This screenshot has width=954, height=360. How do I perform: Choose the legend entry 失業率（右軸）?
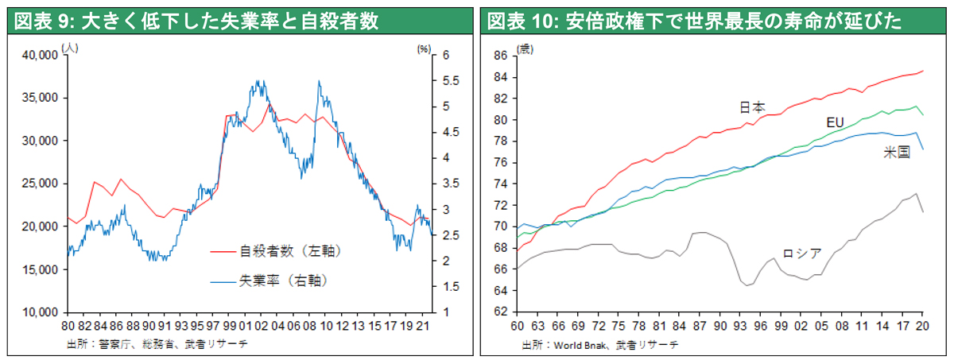[x=283, y=280]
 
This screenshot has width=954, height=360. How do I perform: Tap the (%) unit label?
[x=422, y=48]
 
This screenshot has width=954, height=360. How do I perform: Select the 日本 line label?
[x=751, y=106]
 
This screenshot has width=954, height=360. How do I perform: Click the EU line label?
[x=834, y=122]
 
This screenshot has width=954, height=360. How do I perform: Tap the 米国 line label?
[x=896, y=153]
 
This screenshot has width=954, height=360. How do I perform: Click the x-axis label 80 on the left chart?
[x=68, y=324]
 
